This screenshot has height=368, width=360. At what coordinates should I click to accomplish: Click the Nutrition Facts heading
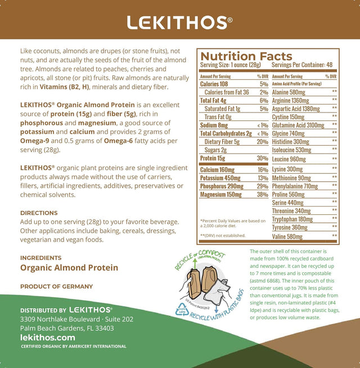[x=246, y=56]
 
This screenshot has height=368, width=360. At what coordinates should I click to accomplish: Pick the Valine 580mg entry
[x=288, y=237]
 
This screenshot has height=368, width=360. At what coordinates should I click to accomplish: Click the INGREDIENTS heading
[x=41, y=258]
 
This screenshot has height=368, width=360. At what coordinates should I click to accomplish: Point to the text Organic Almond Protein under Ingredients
[x=69, y=268]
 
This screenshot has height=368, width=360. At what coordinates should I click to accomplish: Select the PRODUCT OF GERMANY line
[x=56, y=286]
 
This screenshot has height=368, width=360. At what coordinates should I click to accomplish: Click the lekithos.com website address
[x=48, y=337]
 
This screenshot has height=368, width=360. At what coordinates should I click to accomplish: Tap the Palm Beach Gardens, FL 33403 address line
[x=67, y=328]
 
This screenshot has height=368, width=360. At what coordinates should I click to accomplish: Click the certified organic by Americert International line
[x=73, y=346]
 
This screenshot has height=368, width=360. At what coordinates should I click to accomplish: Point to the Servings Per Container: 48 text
[x=303, y=65]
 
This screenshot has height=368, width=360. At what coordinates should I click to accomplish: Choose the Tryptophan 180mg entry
[x=292, y=219]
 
